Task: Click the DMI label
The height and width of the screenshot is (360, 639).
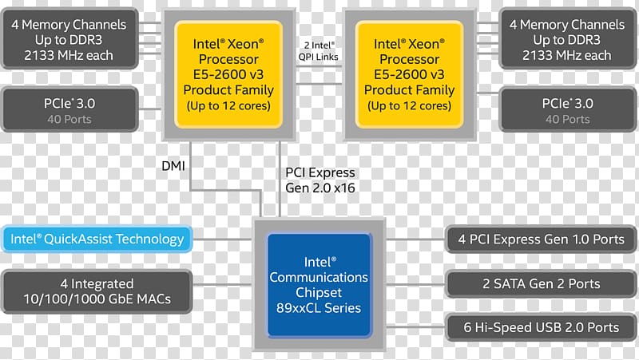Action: pyautogui.click(x=173, y=166)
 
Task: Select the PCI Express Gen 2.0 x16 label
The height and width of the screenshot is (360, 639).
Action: pyautogui.click(x=320, y=180)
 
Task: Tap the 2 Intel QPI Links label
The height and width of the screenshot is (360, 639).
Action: pyautogui.click(x=318, y=51)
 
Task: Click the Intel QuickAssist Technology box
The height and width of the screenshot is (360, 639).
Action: pyautogui.click(x=97, y=239)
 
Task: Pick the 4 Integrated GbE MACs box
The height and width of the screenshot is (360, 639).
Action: pyautogui.click(x=97, y=291)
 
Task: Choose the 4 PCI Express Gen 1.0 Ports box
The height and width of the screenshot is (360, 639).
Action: pyautogui.click(x=542, y=239)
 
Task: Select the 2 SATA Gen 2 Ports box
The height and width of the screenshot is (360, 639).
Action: pyautogui.click(x=542, y=284)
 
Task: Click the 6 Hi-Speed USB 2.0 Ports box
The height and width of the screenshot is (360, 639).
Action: pyautogui.click(x=542, y=327)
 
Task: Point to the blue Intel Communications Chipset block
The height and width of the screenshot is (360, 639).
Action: pyautogui.click(x=319, y=285)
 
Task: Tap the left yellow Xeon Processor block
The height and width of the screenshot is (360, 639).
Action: pyautogui.click(x=228, y=74)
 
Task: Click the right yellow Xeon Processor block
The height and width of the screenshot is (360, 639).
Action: pyautogui.click(x=409, y=74)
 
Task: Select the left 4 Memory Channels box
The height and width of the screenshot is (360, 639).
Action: pyautogui.click(x=69, y=39)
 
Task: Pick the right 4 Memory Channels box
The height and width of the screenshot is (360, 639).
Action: pyautogui.click(x=568, y=39)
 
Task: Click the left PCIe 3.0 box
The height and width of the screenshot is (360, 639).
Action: pyautogui.click(x=69, y=109)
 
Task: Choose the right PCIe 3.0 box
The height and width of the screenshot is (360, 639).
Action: pyautogui.click(x=568, y=109)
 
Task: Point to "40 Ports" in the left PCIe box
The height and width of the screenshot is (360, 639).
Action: pyautogui.click(x=69, y=119)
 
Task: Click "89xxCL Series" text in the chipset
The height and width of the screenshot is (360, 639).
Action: pyautogui.click(x=319, y=308)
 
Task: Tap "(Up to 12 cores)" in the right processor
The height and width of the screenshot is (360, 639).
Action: pyautogui.click(x=409, y=106)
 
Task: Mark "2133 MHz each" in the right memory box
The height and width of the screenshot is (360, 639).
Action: pyautogui.click(x=567, y=55)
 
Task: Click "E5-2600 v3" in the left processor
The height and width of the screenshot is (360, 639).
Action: pyautogui.click(x=228, y=74)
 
